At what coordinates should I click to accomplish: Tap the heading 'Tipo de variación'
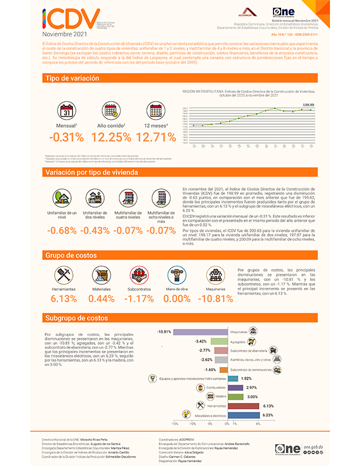(x=68, y=78)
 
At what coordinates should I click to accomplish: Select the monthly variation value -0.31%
(x=66, y=137)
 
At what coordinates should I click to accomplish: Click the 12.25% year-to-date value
(x=111, y=137)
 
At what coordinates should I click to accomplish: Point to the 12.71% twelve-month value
(x=155, y=137)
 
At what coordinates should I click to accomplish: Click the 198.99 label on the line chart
(x=308, y=104)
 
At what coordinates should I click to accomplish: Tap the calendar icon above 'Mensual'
(x=66, y=110)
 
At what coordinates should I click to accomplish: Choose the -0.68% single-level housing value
(x=62, y=230)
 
